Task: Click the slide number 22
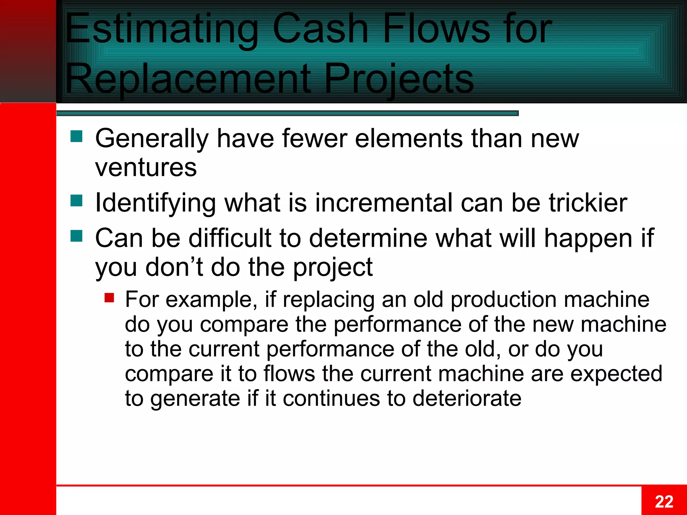click(664, 502)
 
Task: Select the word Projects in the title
click(399, 79)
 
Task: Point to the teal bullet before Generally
click(76, 136)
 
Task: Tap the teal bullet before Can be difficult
click(76, 236)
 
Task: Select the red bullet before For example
click(109, 297)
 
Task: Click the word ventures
click(146, 167)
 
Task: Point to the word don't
click(174, 267)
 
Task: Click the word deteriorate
click(467, 398)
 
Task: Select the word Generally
click(152, 139)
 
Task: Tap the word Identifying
click(155, 204)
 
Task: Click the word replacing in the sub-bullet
click(328, 299)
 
